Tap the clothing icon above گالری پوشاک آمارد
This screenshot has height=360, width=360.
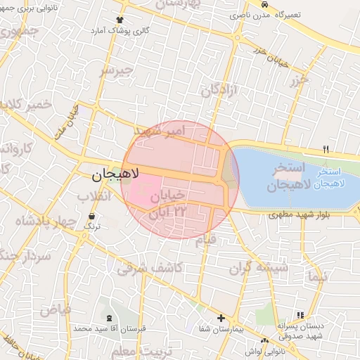point(119,20)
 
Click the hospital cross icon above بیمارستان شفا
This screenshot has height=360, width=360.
point(221,318)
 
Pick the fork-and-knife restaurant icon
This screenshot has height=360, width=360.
point(325,149)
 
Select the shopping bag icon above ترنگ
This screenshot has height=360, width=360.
point(92,216)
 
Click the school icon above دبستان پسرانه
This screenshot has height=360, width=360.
point(301,315)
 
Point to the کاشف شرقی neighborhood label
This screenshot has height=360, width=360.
point(150,266)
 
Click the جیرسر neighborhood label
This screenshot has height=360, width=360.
point(115,72)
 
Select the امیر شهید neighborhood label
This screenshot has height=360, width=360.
point(157,131)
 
